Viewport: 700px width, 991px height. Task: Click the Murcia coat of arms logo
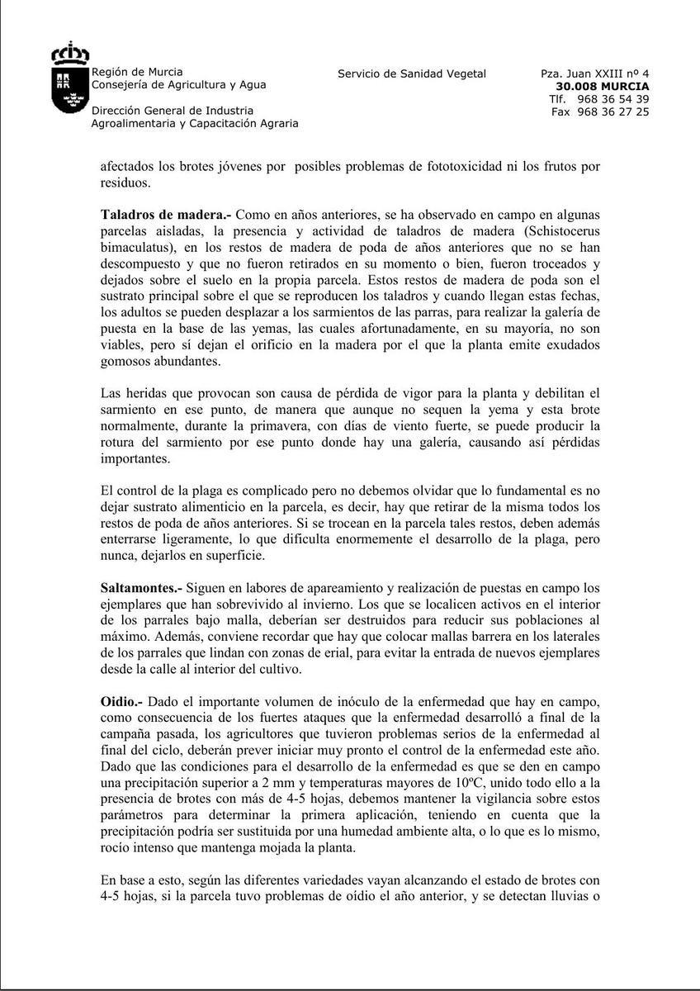pyautogui.click(x=69, y=80)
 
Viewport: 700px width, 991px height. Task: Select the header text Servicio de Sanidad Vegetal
pyautogui.click(x=412, y=73)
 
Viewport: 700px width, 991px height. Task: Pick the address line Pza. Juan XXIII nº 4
pyautogui.click(x=594, y=73)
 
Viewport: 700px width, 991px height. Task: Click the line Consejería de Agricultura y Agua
pyautogui.click(x=178, y=84)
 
